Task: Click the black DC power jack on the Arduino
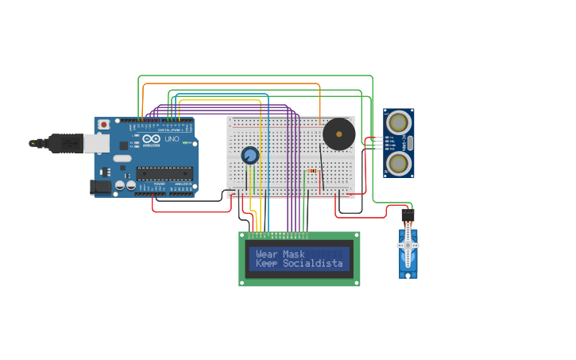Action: (x=100, y=187)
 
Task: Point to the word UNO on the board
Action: (x=172, y=139)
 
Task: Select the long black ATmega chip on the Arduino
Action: (x=164, y=172)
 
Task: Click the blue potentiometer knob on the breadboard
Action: (x=250, y=156)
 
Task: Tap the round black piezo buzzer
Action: (x=339, y=134)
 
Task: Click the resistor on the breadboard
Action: (x=311, y=171)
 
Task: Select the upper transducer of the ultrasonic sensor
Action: (x=397, y=122)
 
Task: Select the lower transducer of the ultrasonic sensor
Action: (x=397, y=164)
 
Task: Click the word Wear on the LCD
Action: (x=269, y=254)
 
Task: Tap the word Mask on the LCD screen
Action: (x=294, y=254)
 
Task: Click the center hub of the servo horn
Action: (x=408, y=246)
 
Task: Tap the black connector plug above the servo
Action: (x=408, y=215)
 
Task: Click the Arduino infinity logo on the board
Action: (x=152, y=139)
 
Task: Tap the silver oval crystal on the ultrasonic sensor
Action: (x=409, y=143)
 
